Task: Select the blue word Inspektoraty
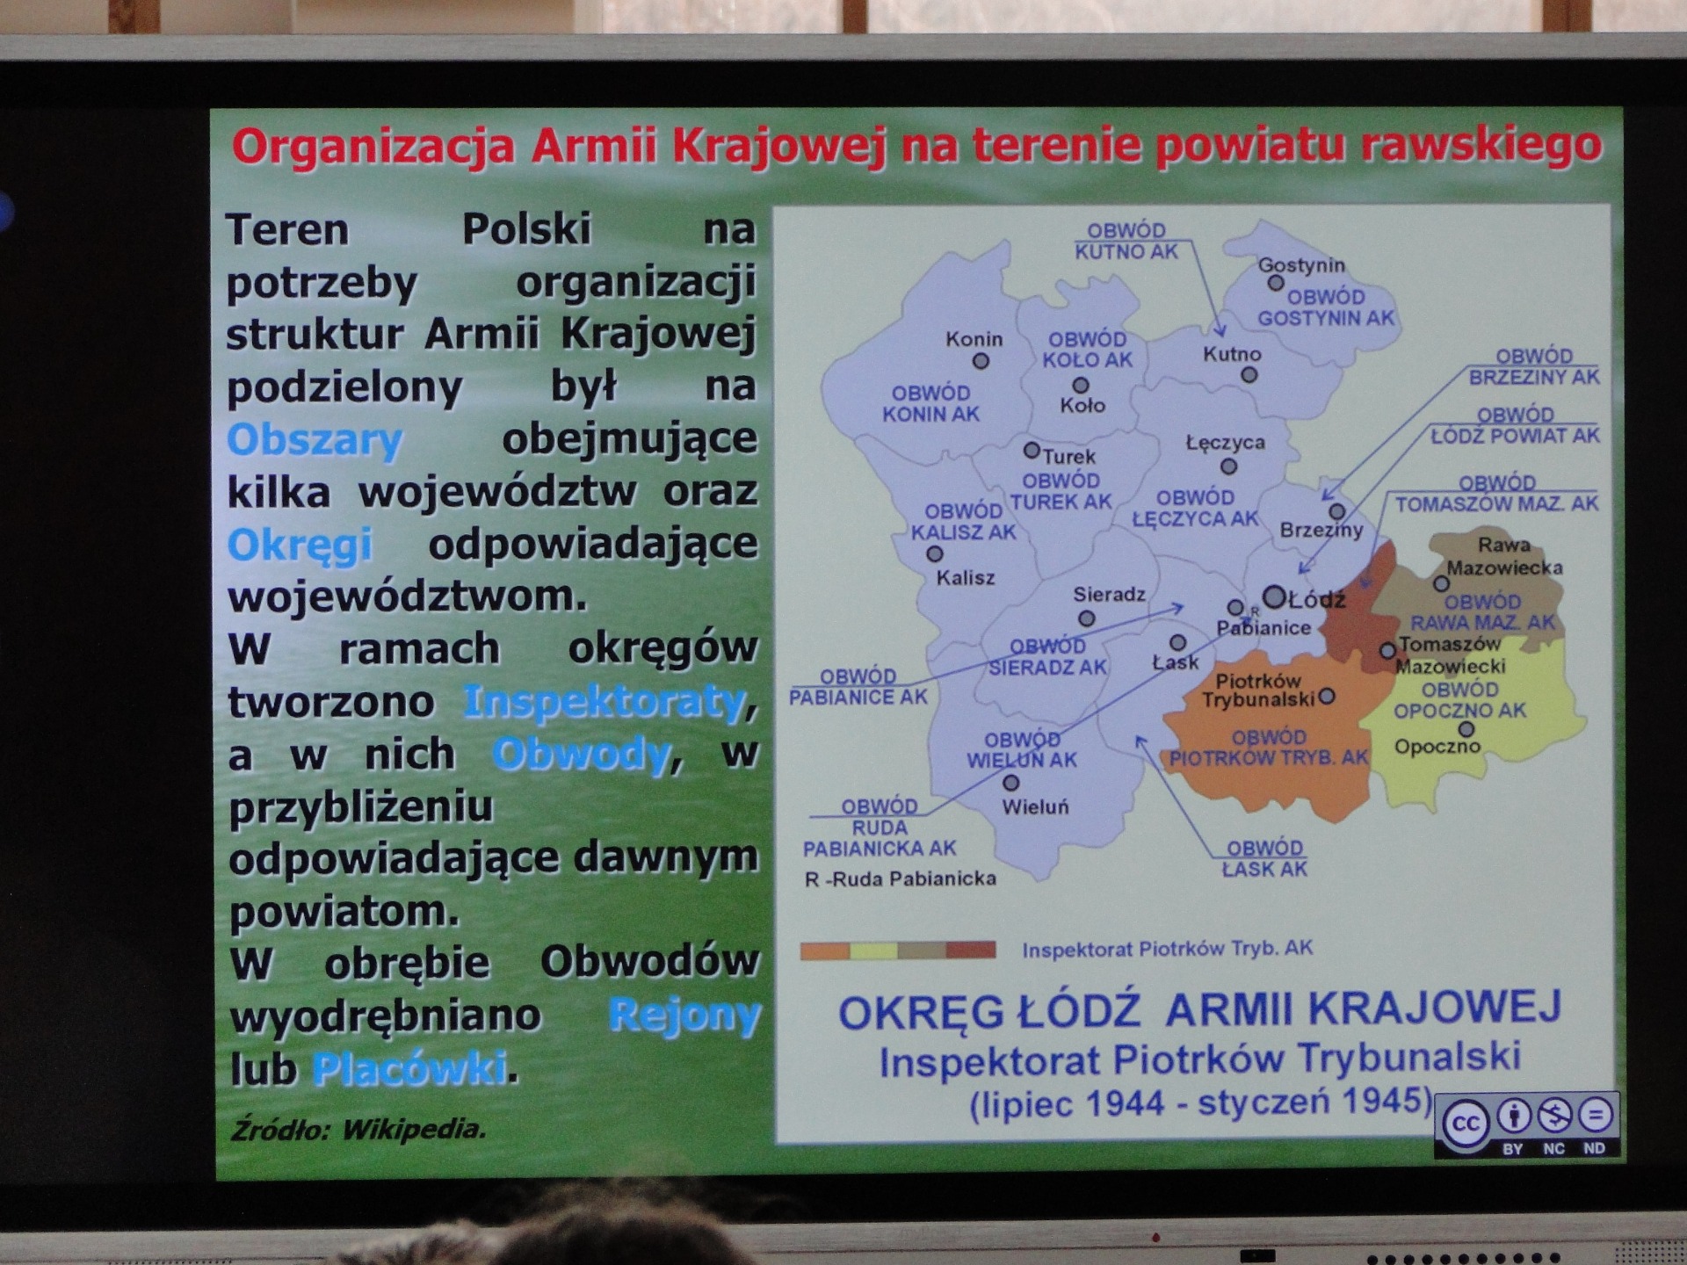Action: (x=605, y=702)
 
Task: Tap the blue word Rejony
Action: (x=684, y=1016)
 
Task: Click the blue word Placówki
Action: (x=409, y=1068)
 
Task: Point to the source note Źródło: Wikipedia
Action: (x=358, y=1130)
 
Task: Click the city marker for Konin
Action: (x=981, y=361)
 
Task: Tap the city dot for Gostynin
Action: (x=1276, y=283)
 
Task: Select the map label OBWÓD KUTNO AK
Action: (x=1126, y=242)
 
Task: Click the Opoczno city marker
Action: (x=1466, y=729)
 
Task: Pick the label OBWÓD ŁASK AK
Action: (x=1265, y=858)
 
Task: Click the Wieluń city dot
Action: (x=1011, y=782)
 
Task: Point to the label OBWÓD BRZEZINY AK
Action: (x=1534, y=367)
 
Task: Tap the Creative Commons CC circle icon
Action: (x=1465, y=1124)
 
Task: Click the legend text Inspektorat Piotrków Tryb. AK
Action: (x=1167, y=949)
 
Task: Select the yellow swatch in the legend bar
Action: (x=873, y=950)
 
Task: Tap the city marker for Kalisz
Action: (x=935, y=554)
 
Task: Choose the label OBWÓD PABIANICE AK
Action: (x=858, y=687)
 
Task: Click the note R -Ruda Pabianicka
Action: (x=901, y=878)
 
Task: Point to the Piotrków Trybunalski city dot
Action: (x=1327, y=697)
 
